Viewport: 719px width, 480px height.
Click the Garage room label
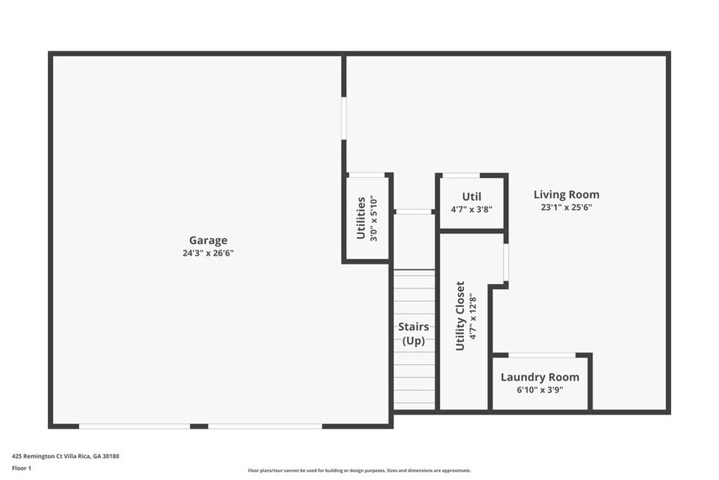(x=208, y=240)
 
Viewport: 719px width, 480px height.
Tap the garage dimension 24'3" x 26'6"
(x=208, y=253)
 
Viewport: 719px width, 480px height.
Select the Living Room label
(x=567, y=194)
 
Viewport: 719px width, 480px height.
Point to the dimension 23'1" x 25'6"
(x=567, y=207)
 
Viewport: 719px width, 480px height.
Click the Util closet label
(x=471, y=197)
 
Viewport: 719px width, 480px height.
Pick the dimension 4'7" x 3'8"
(x=471, y=210)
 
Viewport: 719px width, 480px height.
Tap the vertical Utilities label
(x=361, y=218)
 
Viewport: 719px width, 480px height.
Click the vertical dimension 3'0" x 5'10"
(x=374, y=218)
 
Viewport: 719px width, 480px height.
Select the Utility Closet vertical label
(x=460, y=316)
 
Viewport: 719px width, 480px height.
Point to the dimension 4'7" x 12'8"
(x=472, y=316)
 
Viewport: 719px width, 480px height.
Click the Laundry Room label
(x=540, y=377)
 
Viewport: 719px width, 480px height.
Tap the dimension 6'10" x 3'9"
(x=540, y=390)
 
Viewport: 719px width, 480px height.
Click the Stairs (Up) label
(x=414, y=334)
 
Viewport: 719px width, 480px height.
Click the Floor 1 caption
(x=21, y=469)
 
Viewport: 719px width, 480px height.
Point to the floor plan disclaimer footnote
(x=359, y=470)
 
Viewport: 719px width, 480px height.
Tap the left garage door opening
(x=135, y=426)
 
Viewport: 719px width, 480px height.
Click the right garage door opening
(x=265, y=426)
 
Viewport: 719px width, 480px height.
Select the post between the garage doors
(x=199, y=426)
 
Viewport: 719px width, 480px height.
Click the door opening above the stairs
(x=414, y=212)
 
